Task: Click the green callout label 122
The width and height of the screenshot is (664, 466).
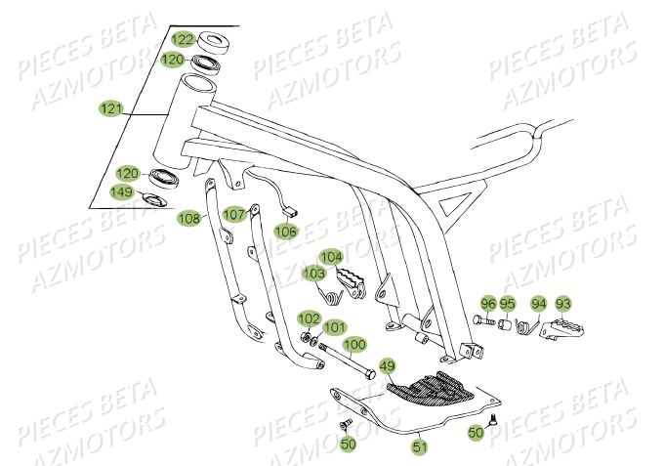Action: point(183,39)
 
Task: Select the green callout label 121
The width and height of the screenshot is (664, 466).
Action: point(111,108)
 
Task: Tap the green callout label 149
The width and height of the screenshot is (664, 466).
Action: point(122,191)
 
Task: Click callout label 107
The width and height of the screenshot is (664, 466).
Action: point(234,214)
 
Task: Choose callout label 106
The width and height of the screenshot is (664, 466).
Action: point(284,232)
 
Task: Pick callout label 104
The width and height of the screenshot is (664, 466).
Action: point(332,257)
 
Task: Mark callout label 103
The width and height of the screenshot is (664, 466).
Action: point(313,273)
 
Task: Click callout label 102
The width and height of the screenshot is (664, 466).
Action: point(308,318)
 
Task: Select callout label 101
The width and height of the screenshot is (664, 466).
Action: point(334,327)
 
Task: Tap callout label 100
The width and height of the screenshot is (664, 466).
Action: point(353,345)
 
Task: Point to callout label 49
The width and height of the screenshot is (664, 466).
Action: point(387,367)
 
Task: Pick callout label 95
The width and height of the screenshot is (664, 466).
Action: point(507,303)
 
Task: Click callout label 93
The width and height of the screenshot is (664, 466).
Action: point(563,303)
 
